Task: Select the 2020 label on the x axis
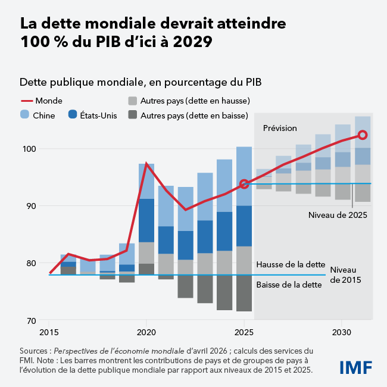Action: [x=146, y=332]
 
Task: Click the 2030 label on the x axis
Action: [x=341, y=332]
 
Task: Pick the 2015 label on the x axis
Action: [x=49, y=332]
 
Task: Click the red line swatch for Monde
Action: [x=26, y=101]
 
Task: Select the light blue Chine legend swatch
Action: [x=26, y=115]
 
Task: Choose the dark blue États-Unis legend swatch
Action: [x=74, y=115]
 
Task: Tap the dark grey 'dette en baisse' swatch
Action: [x=133, y=115]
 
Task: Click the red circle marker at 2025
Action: [x=244, y=185]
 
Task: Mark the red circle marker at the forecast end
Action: [x=363, y=136]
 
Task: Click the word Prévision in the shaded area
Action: [x=280, y=128]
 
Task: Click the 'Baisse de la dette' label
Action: [x=289, y=285]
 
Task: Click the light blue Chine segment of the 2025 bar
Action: [x=244, y=176]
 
